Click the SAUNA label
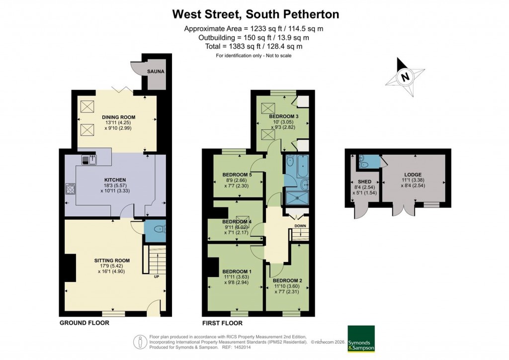click(156, 72)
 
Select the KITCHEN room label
click(115, 180)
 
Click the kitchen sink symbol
click(89, 159)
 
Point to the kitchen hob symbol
click(70, 189)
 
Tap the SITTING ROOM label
click(112, 260)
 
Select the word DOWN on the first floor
click(300, 226)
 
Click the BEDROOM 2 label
click(287, 280)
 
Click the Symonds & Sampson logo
click(360, 339)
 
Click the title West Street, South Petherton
click(255, 14)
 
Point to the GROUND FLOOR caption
click(84, 323)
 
